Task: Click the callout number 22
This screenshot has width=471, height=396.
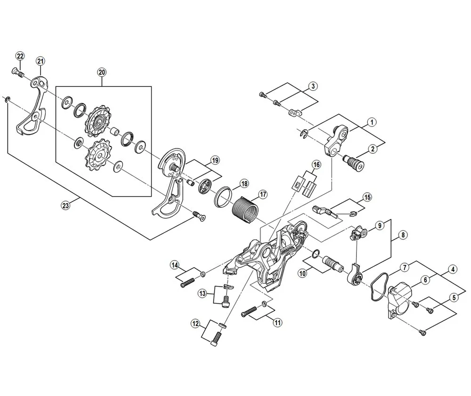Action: [x=20, y=56]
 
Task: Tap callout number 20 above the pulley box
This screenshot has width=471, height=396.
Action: [x=102, y=72]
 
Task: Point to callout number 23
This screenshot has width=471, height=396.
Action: [x=65, y=205]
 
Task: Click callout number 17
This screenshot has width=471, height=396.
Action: [x=262, y=194]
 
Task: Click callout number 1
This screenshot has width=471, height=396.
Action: [x=372, y=122]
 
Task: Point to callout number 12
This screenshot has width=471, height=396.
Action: [x=195, y=323]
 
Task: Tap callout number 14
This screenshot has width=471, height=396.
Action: [x=175, y=267]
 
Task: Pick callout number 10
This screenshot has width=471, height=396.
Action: [x=301, y=272]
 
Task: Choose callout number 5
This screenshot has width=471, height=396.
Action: [x=454, y=297]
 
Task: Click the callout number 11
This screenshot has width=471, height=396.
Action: [x=277, y=322]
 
